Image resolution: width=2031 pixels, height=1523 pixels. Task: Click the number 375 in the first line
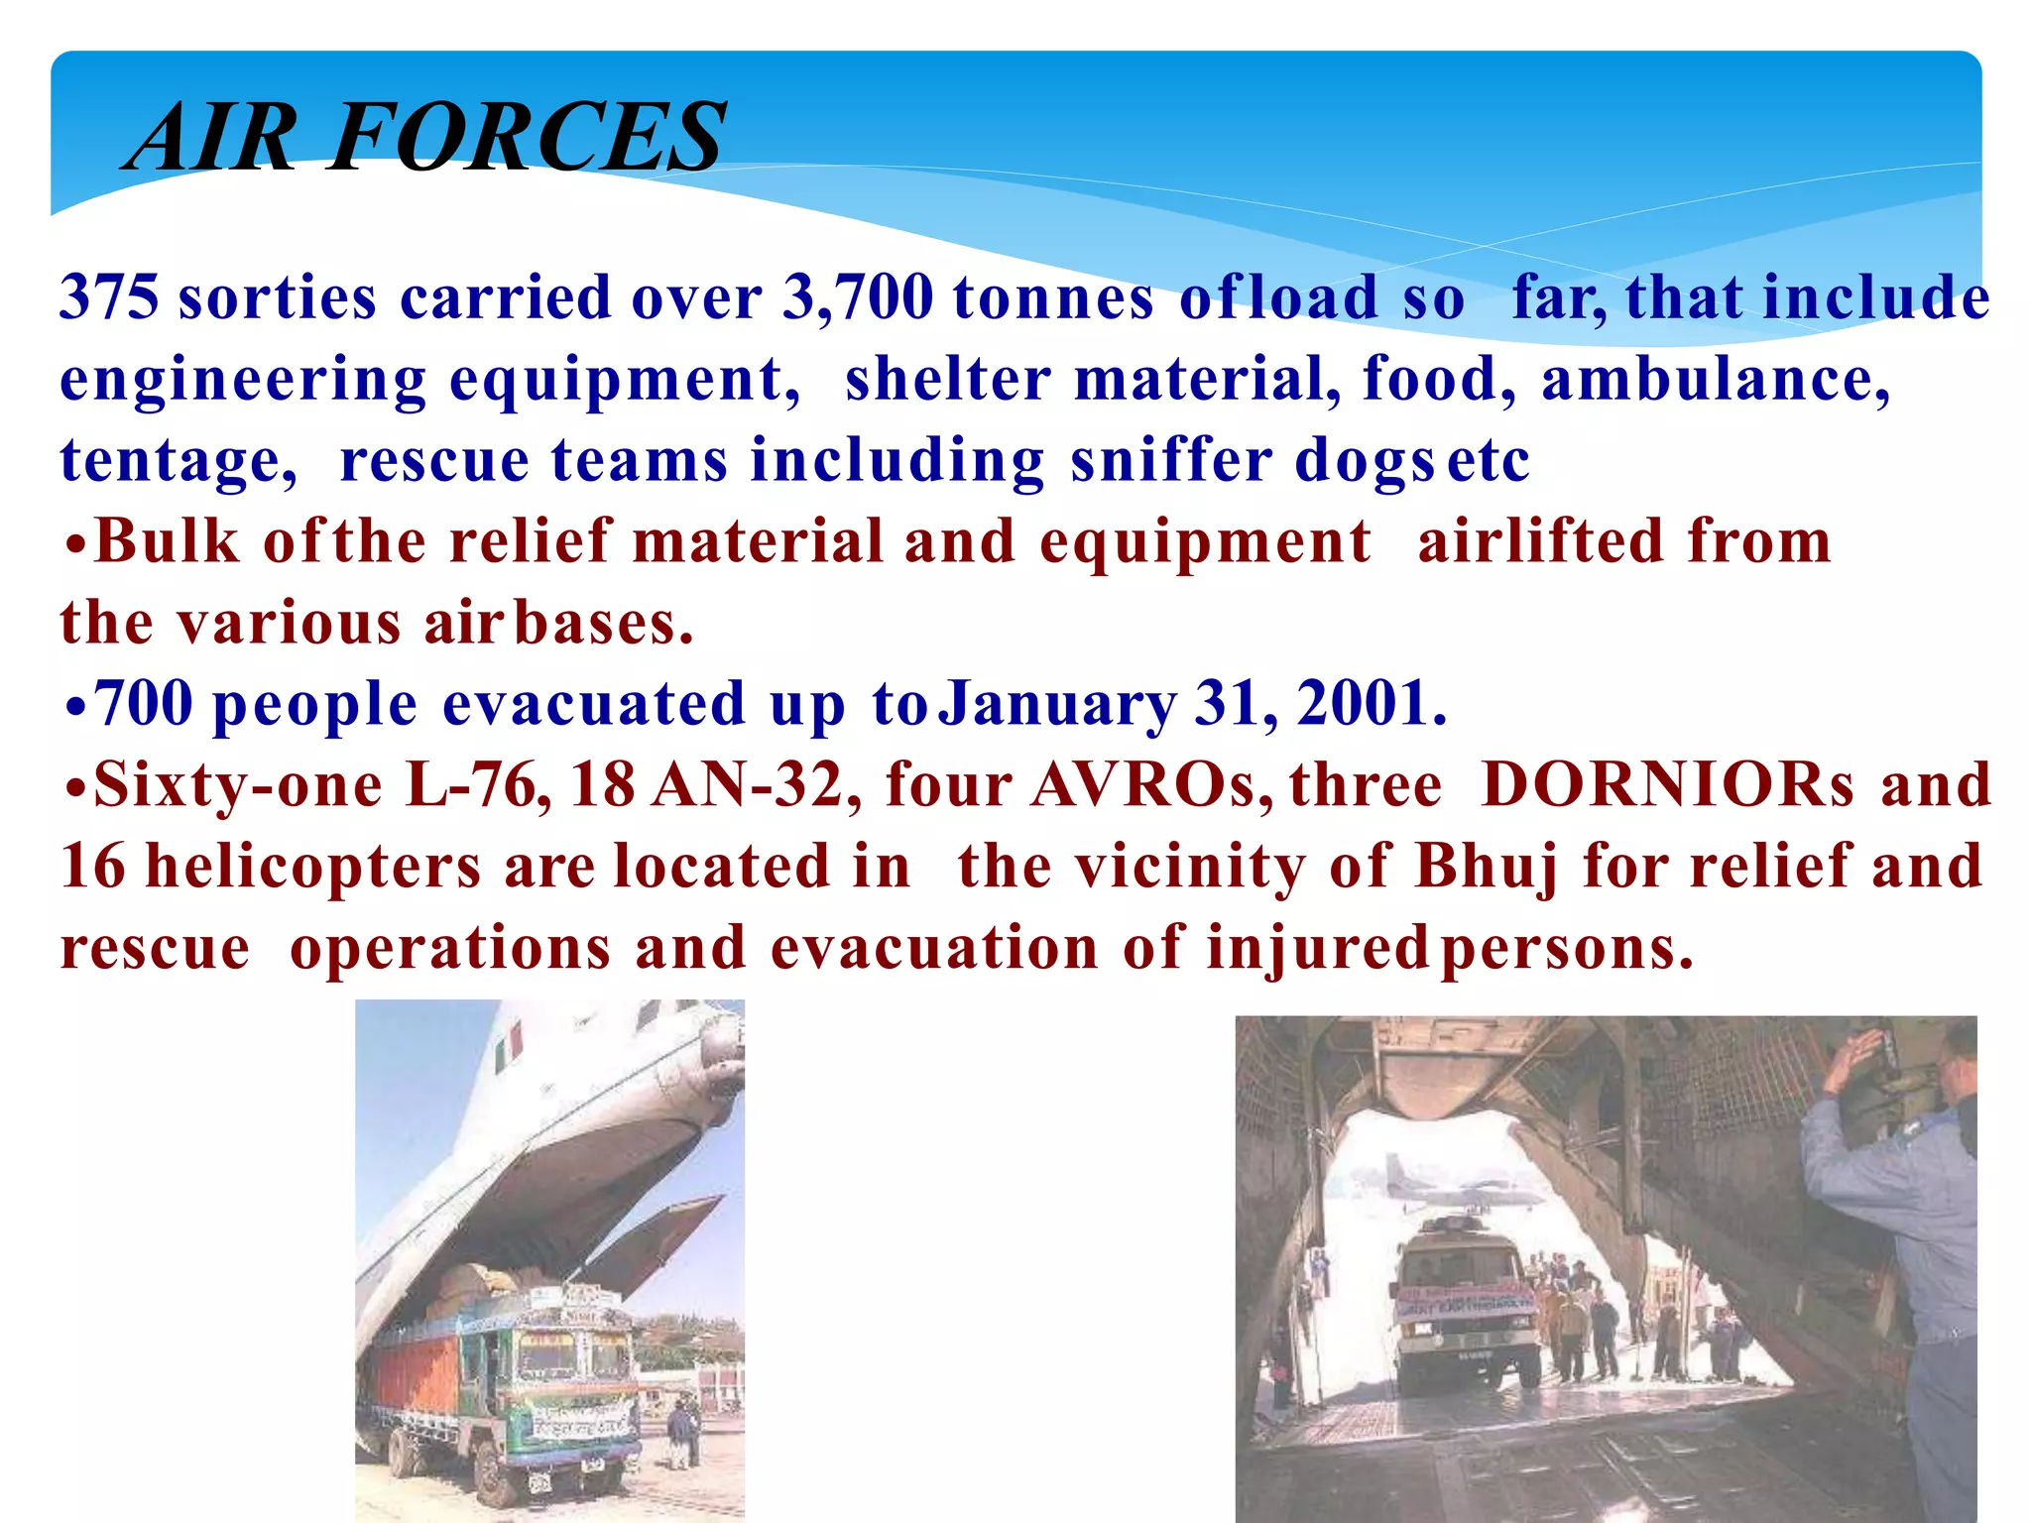(x=108, y=297)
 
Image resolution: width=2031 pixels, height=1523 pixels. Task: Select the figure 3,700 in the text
(x=858, y=297)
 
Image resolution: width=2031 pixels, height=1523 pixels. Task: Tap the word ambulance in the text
(x=1715, y=379)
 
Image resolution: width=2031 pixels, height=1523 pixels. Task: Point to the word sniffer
(x=1171, y=460)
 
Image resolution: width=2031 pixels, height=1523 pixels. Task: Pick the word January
(x=1057, y=706)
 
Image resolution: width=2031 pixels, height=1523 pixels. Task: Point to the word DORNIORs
(x=1666, y=785)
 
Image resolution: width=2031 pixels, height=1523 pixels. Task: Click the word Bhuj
(x=1486, y=869)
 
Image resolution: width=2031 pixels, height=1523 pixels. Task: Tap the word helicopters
(x=313, y=869)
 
